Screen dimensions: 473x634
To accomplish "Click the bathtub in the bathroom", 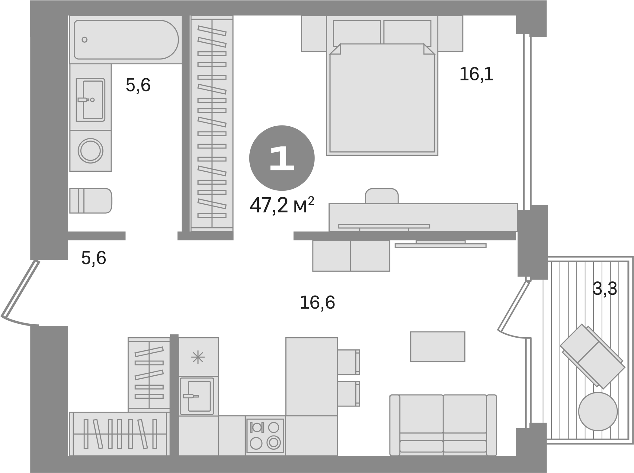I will [126, 40].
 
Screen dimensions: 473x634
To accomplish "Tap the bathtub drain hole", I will [85, 40].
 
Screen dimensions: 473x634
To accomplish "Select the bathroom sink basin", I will [93, 100].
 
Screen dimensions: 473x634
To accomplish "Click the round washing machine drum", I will [90, 151].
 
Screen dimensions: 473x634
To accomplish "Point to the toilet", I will [91, 201].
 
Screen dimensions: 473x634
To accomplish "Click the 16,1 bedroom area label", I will [476, 74].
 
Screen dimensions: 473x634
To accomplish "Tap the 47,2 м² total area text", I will [282, 206].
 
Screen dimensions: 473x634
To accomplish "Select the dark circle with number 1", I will [282, 158].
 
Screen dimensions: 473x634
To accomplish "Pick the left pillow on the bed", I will [357, 33].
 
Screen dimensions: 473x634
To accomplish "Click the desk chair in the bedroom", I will [382, 196].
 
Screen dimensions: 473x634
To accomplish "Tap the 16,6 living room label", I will [317, 303].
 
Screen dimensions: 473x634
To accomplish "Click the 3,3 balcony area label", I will [605, 289].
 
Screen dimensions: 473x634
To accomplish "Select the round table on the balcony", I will [598, 411].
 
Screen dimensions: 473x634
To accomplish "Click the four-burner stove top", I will [265, 436].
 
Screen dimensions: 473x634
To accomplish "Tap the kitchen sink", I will [197, 396].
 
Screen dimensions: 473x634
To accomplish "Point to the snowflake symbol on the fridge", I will [198, 357].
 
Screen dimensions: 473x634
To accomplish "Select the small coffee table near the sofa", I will [437, 347].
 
